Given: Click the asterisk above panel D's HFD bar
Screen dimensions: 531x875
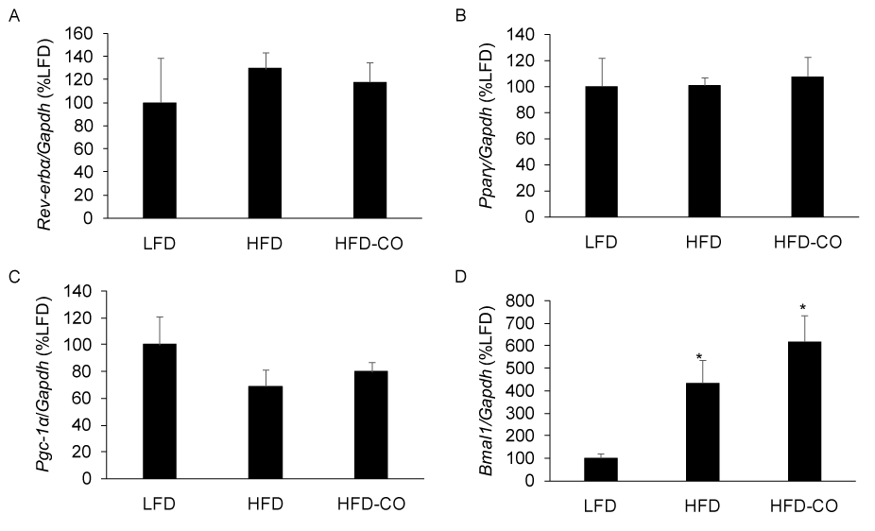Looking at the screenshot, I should [x=700, y=357].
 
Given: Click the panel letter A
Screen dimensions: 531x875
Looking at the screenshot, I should [x=12, y=15].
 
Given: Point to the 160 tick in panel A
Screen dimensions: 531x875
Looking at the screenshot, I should [x=81, y=34].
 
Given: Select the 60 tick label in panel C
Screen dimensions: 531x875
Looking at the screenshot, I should [x=86, y=398].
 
